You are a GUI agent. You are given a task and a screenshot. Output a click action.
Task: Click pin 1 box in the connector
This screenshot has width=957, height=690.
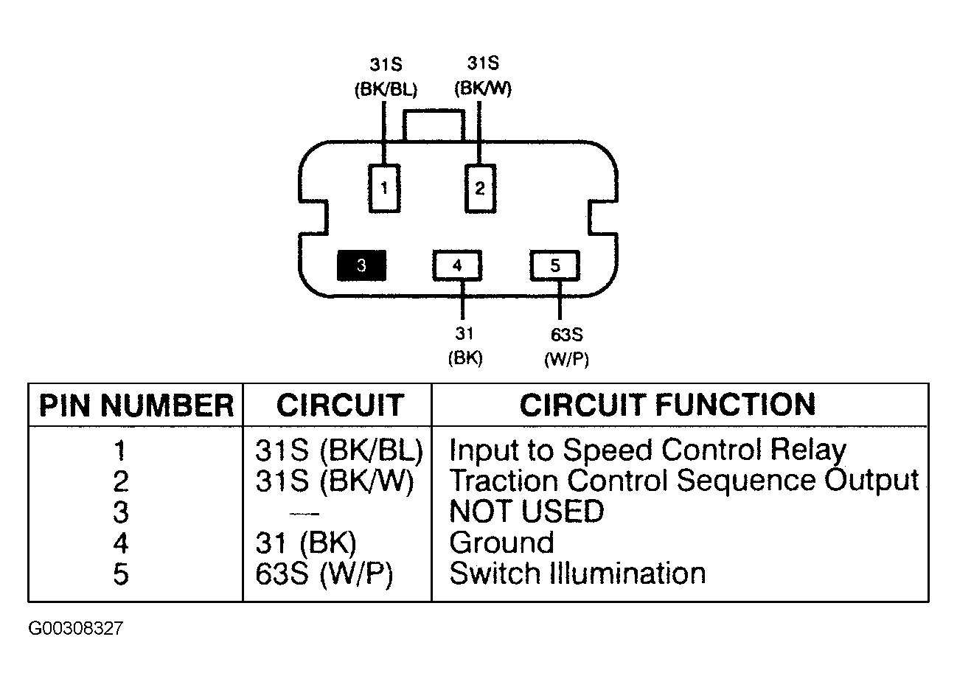point(384,188)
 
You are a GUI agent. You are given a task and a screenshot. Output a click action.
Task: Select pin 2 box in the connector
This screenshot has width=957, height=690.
point(480,188)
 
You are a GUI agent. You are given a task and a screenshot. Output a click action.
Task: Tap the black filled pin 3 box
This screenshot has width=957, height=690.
point(361,265)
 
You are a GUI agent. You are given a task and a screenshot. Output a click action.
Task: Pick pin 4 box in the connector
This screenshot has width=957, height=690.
point(457,265)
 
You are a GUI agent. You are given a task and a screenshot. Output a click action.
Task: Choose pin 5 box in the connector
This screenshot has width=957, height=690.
point(554,265)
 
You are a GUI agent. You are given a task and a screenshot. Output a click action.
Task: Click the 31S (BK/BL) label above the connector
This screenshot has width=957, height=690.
point(386,77)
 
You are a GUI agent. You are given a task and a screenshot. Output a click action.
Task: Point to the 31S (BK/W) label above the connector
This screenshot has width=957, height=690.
point(483,76)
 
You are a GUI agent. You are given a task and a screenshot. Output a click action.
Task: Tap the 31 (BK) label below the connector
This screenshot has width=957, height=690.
point(465,346)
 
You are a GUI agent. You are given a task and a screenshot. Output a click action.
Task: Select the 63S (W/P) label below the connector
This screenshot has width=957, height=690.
point(566,347)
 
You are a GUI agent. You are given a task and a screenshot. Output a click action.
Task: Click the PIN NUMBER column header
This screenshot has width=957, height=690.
point(136,405)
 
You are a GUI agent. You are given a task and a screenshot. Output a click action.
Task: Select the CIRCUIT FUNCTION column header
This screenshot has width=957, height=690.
point(667,404)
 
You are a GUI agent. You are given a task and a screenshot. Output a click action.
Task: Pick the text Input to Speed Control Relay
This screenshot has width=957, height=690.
point(647,450)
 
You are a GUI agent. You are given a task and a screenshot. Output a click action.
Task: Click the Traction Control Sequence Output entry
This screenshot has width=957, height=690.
point(684,481)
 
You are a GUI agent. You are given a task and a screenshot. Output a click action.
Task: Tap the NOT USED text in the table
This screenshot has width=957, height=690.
point(526,511)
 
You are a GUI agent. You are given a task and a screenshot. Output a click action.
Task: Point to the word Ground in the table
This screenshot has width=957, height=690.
point(501,542)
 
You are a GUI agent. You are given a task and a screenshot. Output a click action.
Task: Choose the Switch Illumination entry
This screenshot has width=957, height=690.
point(577,573)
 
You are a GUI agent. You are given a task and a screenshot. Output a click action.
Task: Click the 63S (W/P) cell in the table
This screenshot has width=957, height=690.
point(324,574)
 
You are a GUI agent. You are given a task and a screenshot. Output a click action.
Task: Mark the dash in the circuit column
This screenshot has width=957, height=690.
point(304,513)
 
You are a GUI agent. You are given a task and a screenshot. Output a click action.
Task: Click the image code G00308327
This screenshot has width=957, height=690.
point(76,629)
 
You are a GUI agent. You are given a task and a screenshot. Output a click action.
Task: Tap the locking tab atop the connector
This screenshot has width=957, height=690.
point(434,125)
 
